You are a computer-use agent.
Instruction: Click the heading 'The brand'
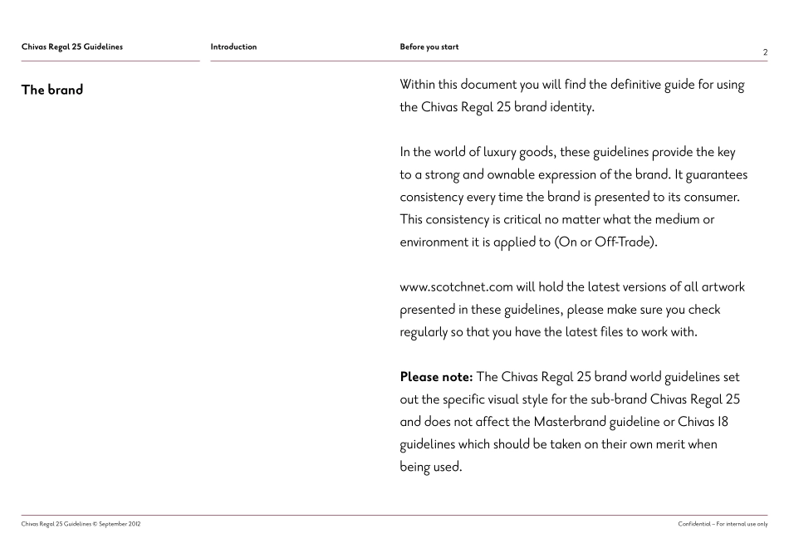52,90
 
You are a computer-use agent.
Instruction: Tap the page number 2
765,52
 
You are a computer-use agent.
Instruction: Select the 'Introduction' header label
233,46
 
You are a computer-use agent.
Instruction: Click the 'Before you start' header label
429,46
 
